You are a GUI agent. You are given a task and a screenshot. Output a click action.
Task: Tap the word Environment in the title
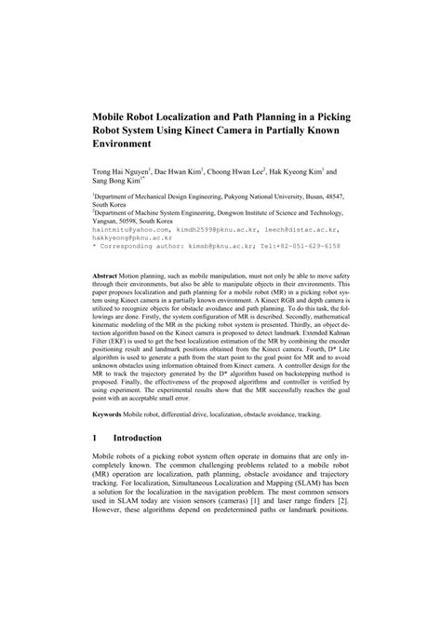(127, 146)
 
